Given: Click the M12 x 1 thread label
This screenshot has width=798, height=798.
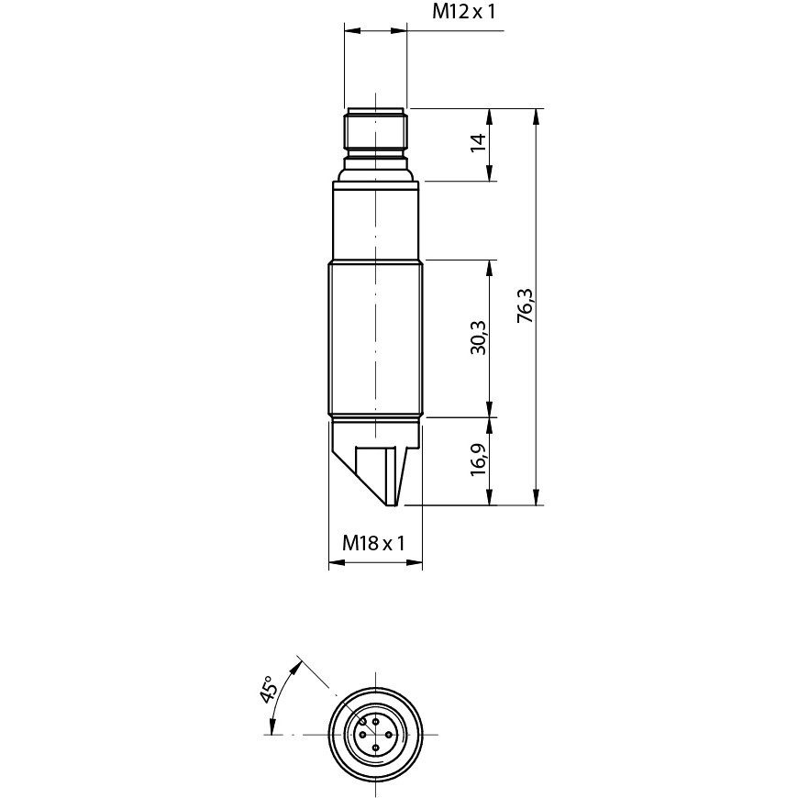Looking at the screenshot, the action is pos(463,11).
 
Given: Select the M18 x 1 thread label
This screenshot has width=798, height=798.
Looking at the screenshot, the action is pos(373,543).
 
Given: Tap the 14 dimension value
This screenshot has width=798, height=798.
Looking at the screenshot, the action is pos(479,142).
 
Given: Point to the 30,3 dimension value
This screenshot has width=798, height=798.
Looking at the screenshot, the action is pos(479,338).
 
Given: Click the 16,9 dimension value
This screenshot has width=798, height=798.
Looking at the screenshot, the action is pos(479,459).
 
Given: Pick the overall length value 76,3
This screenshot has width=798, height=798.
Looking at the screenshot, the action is pos(525,305).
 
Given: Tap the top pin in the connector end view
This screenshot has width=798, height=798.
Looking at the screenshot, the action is pos(375,722).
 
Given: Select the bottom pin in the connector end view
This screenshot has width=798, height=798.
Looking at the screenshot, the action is pos(375,748).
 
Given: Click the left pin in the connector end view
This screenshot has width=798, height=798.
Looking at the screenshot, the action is pos(362,735).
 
